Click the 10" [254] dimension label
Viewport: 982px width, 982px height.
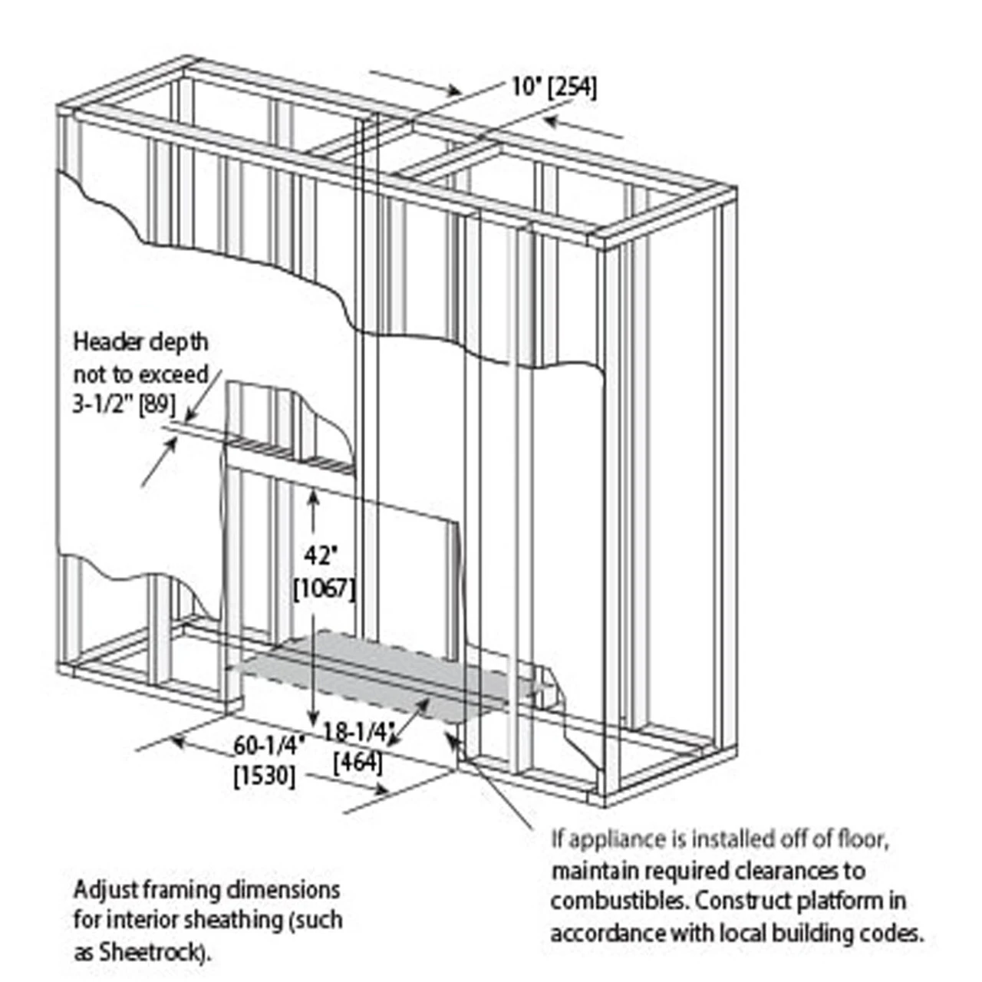(554, 87)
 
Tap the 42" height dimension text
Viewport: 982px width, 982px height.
(321, 555)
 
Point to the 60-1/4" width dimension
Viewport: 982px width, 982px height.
(269, 745)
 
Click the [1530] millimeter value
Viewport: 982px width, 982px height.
(264, 775)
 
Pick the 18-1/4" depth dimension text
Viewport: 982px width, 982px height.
(358, 733)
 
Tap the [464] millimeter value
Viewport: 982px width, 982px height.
(358, 762)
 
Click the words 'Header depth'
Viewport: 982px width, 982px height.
(140, 342)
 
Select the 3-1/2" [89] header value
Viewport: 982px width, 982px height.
(124, 404)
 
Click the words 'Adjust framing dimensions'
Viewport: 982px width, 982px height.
(206, 891)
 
